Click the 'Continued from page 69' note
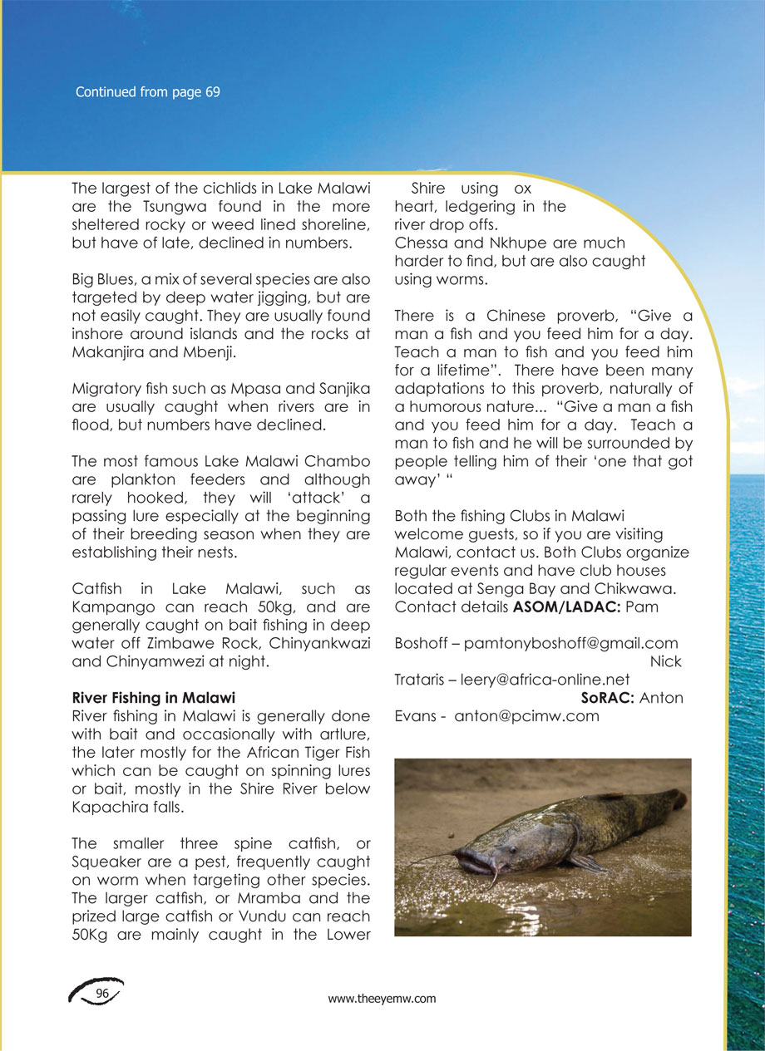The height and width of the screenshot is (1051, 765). pos(147,92)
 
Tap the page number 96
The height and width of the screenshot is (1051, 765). pos(103,994)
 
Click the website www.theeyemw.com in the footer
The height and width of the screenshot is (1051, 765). pos(382,999)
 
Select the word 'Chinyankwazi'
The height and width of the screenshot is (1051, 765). pos(320,645)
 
